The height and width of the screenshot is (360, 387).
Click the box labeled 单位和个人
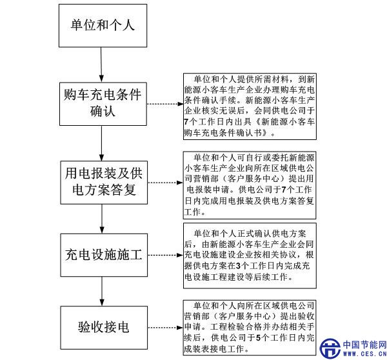103,26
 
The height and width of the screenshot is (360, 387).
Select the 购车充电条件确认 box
103,104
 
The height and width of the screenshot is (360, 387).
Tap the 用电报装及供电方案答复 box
103,183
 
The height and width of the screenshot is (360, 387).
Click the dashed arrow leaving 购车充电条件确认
163,105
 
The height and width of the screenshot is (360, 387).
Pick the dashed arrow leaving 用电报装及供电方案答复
163,183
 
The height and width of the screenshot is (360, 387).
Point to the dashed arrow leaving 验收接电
163,327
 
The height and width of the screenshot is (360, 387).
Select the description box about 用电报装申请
250,183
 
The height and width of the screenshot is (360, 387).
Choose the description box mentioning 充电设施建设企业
250,255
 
